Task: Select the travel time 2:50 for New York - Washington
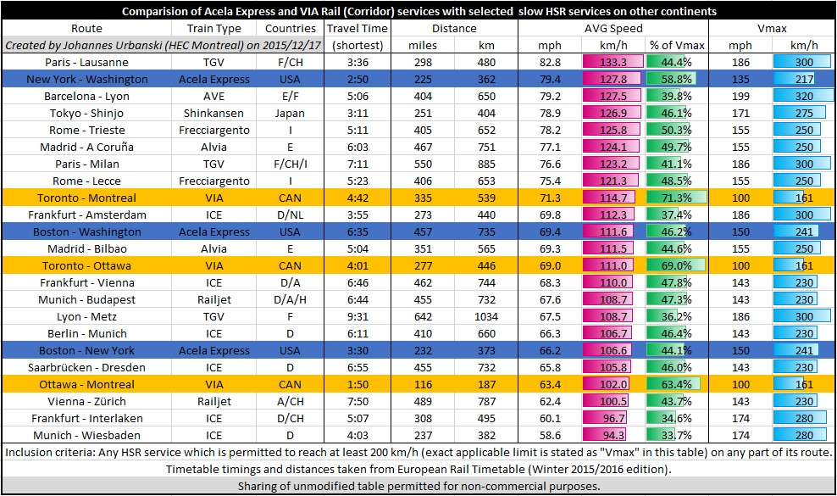(357, 79)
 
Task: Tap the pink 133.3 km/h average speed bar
(609, 62)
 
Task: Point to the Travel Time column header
(357, 28)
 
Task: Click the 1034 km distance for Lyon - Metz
(486, 316)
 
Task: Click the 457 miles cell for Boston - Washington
(422, 231)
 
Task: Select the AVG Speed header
(614, 28)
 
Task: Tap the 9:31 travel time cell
(357, 316)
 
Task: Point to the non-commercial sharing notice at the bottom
(418, 487)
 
